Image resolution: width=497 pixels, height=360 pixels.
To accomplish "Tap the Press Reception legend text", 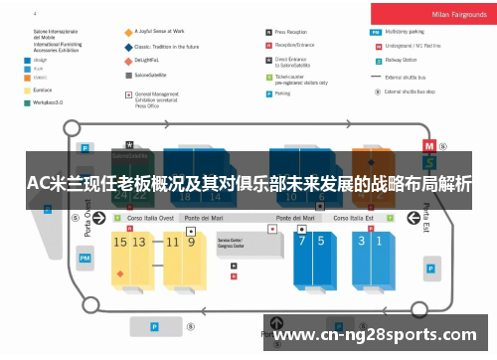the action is pyautogui.click(x=296, y=32).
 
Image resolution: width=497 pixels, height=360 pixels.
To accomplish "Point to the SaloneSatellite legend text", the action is pyautogui.click(x=153, y=74).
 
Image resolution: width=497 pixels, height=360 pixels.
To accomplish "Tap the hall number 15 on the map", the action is pyautogui.click(x=120, y=242).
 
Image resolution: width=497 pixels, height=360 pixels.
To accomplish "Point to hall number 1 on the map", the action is pyautogui.click(x=378, y=241).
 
